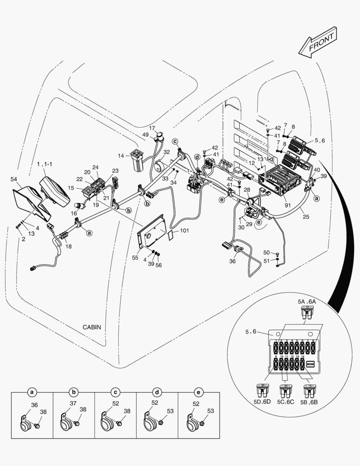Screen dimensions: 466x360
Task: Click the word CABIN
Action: [x=92, y=327]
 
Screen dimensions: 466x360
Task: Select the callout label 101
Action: [x=184, y=230]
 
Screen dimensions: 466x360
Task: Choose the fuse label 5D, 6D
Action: [x=262, y=402]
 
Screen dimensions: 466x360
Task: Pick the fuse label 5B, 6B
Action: [x=309, y=402]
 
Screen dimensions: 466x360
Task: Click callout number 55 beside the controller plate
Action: [x=135, y=258]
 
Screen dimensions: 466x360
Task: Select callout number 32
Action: [x=166, y=152]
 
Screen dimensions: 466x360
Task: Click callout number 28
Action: [x=247, y=190]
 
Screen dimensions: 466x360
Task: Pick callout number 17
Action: [x=152, y=128]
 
